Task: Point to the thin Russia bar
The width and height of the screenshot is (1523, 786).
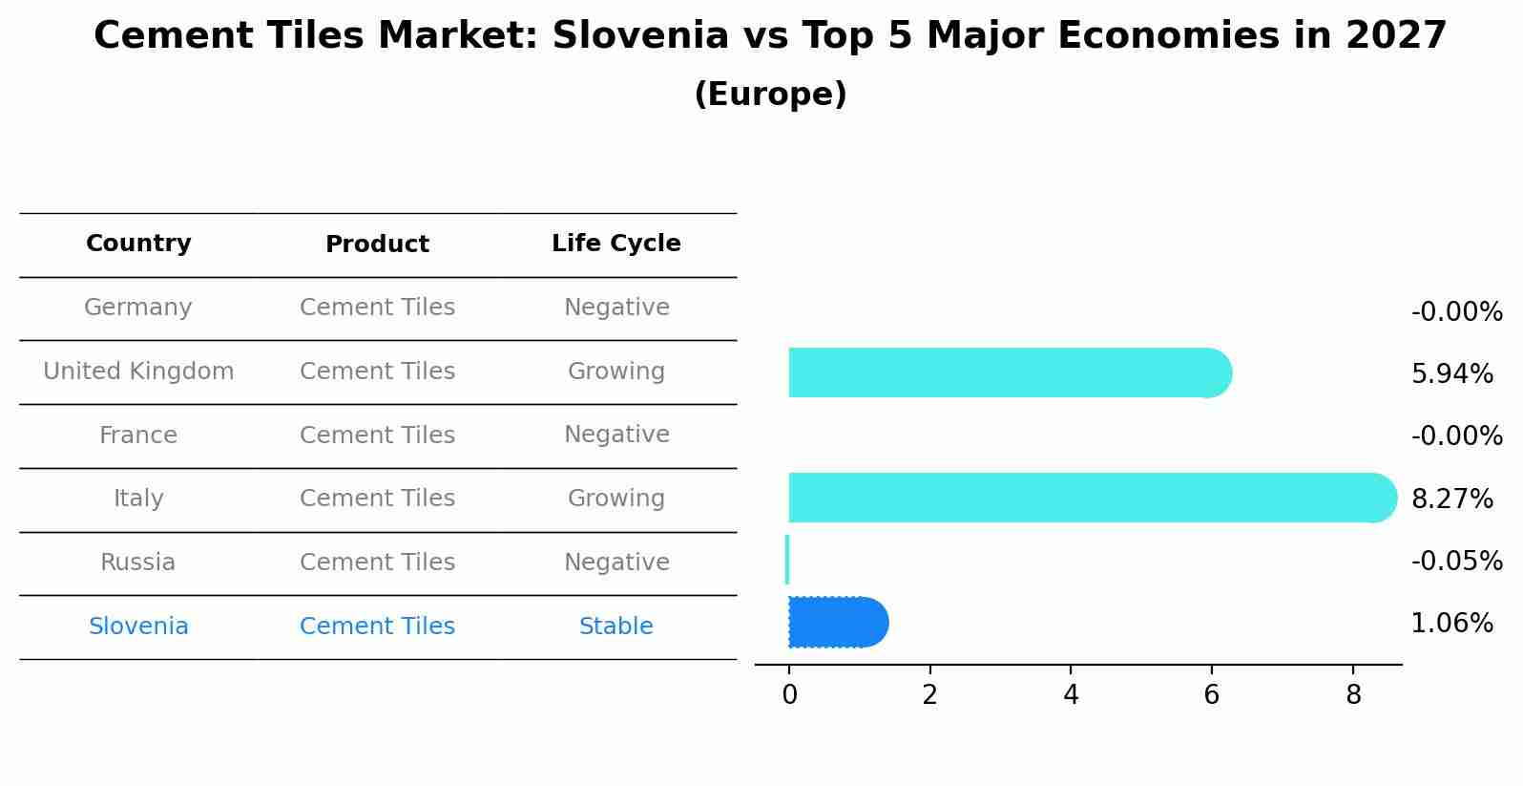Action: (x=787, y=560)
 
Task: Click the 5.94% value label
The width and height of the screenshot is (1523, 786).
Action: (x=1451, y=374)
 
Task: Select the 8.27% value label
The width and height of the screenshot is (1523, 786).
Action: (x=1451, y=499)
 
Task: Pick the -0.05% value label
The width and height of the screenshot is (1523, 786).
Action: (x=1456, y=562)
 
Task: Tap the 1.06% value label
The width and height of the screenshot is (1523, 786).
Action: (x=1451, y=624)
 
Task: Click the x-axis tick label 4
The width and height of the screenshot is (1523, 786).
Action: (x=1071, y=695)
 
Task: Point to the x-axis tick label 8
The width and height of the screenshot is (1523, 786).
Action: (x=1352, y=695)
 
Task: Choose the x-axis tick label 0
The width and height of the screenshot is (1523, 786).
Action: (x=789, y=695)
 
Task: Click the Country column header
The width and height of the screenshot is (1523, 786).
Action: (x=138, y=244)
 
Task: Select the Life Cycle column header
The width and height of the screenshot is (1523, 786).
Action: (x=615, y=244)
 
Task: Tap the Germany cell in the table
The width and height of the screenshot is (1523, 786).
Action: (x=138, y=308)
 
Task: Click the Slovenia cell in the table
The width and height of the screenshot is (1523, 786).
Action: (x=138, y=627)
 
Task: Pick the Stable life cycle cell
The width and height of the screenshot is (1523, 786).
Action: (x=615, y=627)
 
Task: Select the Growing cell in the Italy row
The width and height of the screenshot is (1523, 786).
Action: (x=615, y=499)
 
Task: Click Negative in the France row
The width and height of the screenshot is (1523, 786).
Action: (x=615, y=435)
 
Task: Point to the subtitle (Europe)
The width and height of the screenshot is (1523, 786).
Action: (x=770, y=95)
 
